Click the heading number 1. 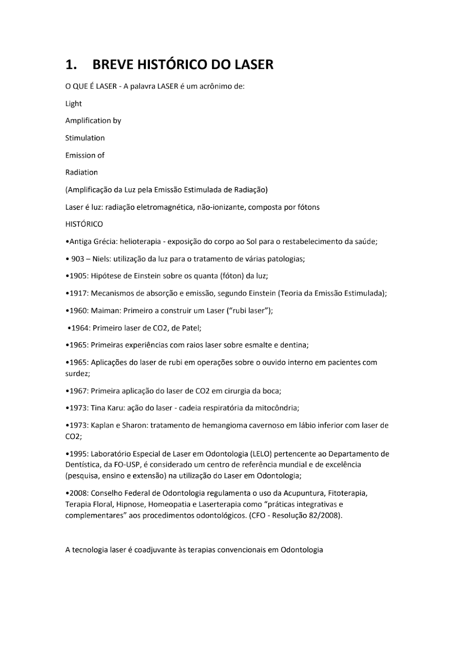[x=70, y=65]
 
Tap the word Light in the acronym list [x=74, y=104]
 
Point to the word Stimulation [x=85, y=138]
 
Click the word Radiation [x=81, y=172]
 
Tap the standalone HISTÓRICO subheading [x=84, y=224]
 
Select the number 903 [x=78, y=259]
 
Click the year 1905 [x=78, y=276]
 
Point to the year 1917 [x=78, y=293]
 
